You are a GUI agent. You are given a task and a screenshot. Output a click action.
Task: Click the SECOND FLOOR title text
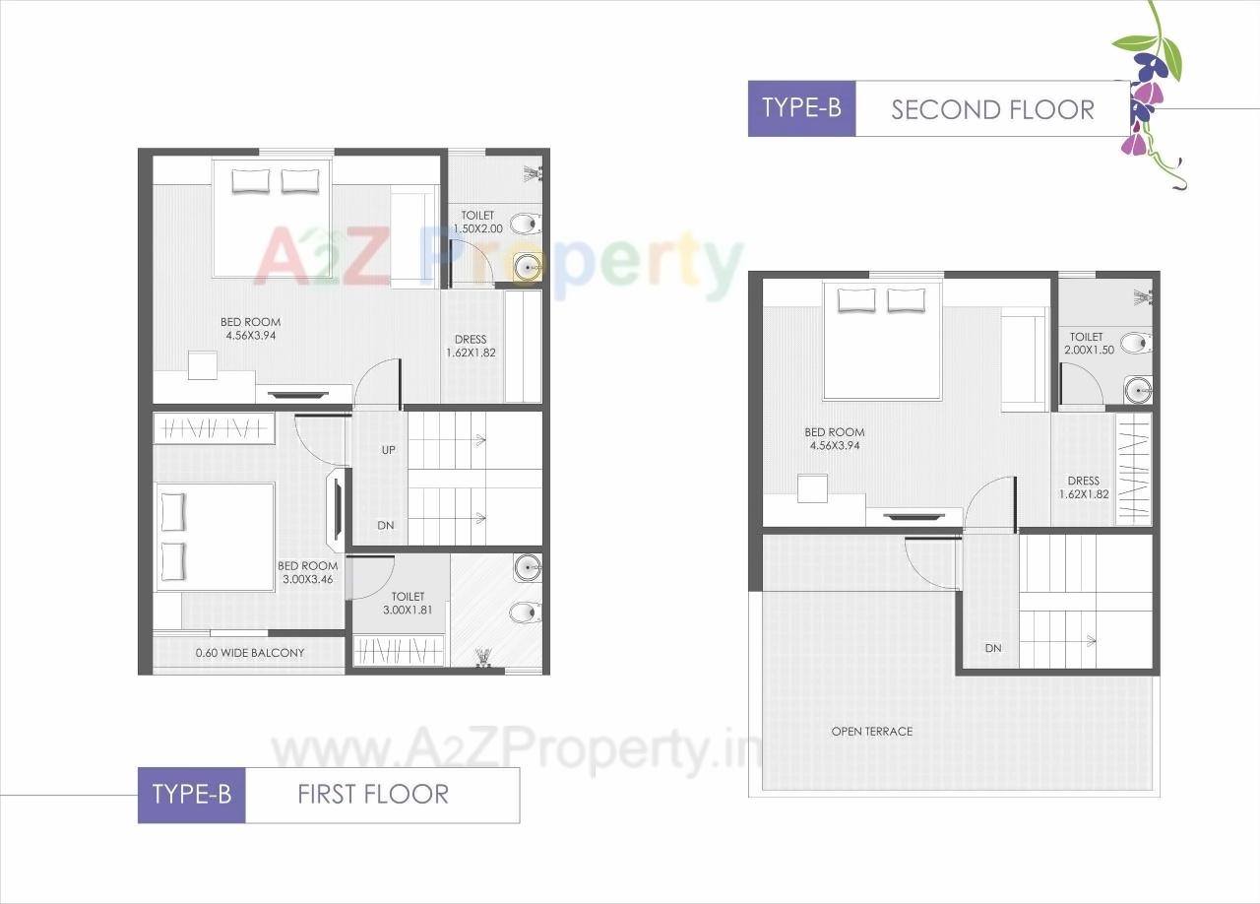pyautogui.click(x=992, y=109)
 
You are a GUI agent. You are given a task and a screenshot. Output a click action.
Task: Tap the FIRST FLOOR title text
pyautogui.click(x=373, y=795)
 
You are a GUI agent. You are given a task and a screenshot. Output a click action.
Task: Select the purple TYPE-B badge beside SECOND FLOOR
pyautogui.click(x=802, y=108)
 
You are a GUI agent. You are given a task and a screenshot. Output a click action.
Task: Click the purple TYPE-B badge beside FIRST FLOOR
pyautogui.click(x=192, y=795)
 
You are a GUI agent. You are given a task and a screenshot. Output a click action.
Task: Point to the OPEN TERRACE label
pyautogui.click(x=872, y=732)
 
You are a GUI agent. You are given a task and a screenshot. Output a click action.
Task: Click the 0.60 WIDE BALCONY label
pyautogui.click(x=250, y=653)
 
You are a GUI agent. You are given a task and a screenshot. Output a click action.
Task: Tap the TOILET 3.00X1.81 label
pyautogui.click(x=408, y=604)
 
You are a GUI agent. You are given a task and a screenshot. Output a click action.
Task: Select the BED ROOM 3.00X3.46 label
pyautogui.click(x=307, y=573)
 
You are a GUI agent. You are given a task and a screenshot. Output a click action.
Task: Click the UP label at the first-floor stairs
pyautogui.click(x=388, y=450)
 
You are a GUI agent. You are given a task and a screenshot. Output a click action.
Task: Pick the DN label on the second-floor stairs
pyautogui.click(x=993, y=648)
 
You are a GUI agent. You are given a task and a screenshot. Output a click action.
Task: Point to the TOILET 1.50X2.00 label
pyautogui.click(x=477, y=222)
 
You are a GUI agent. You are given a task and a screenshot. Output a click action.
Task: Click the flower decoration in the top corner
pyautogui.click(x=1149, y=94)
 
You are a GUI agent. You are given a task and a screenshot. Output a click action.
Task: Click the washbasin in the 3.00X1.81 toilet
pyautogui.click(x=528, y=567)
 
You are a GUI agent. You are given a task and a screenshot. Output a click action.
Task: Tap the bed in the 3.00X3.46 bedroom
pyautogui.click(x=215, y=537)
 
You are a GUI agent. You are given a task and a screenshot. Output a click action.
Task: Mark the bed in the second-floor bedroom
pyautogui.click(x=882, y=340)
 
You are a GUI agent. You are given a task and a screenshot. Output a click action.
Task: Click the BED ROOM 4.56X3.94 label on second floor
pyautogui.click(x=834, y=438)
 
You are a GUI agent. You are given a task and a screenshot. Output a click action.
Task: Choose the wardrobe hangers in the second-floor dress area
pyautogui.click(x=1133, y=467)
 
